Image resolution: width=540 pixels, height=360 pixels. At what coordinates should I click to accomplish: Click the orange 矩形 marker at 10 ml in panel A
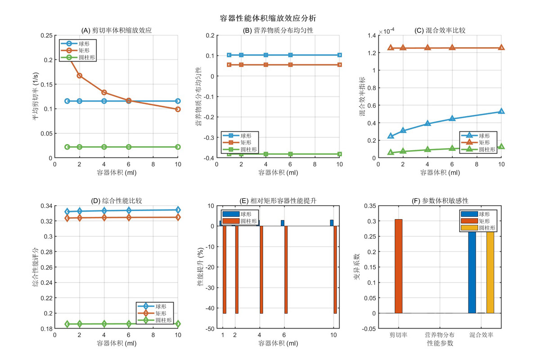click(x=178, y=109)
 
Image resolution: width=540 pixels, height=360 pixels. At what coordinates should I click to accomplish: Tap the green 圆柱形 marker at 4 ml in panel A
click(x=104, y=147)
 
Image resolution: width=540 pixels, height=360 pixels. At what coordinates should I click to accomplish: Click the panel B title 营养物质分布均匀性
click(x=278, y=31)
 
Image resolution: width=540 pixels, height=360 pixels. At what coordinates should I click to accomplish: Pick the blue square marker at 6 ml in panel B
click(x=290, y=55)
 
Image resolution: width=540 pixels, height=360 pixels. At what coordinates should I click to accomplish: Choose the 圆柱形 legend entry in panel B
click(x=248, y=149)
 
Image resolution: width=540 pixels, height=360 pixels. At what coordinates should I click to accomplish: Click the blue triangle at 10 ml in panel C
click(x=501, y=111)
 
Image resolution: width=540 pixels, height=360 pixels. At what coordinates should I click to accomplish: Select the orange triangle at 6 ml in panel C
click(x=452, y=47)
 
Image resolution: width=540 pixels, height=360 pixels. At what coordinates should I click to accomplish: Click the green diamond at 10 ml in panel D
click(x=178, y=324)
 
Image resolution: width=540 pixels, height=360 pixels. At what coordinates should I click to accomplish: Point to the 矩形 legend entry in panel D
click(x=161, y=313)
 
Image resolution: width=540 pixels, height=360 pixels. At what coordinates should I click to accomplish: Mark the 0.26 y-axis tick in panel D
click(x=47, y=267)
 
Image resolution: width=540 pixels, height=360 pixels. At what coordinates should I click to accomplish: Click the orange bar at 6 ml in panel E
click(x=286, y=270)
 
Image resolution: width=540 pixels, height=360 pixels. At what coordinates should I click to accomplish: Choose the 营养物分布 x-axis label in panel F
click(x=440, y=335)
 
